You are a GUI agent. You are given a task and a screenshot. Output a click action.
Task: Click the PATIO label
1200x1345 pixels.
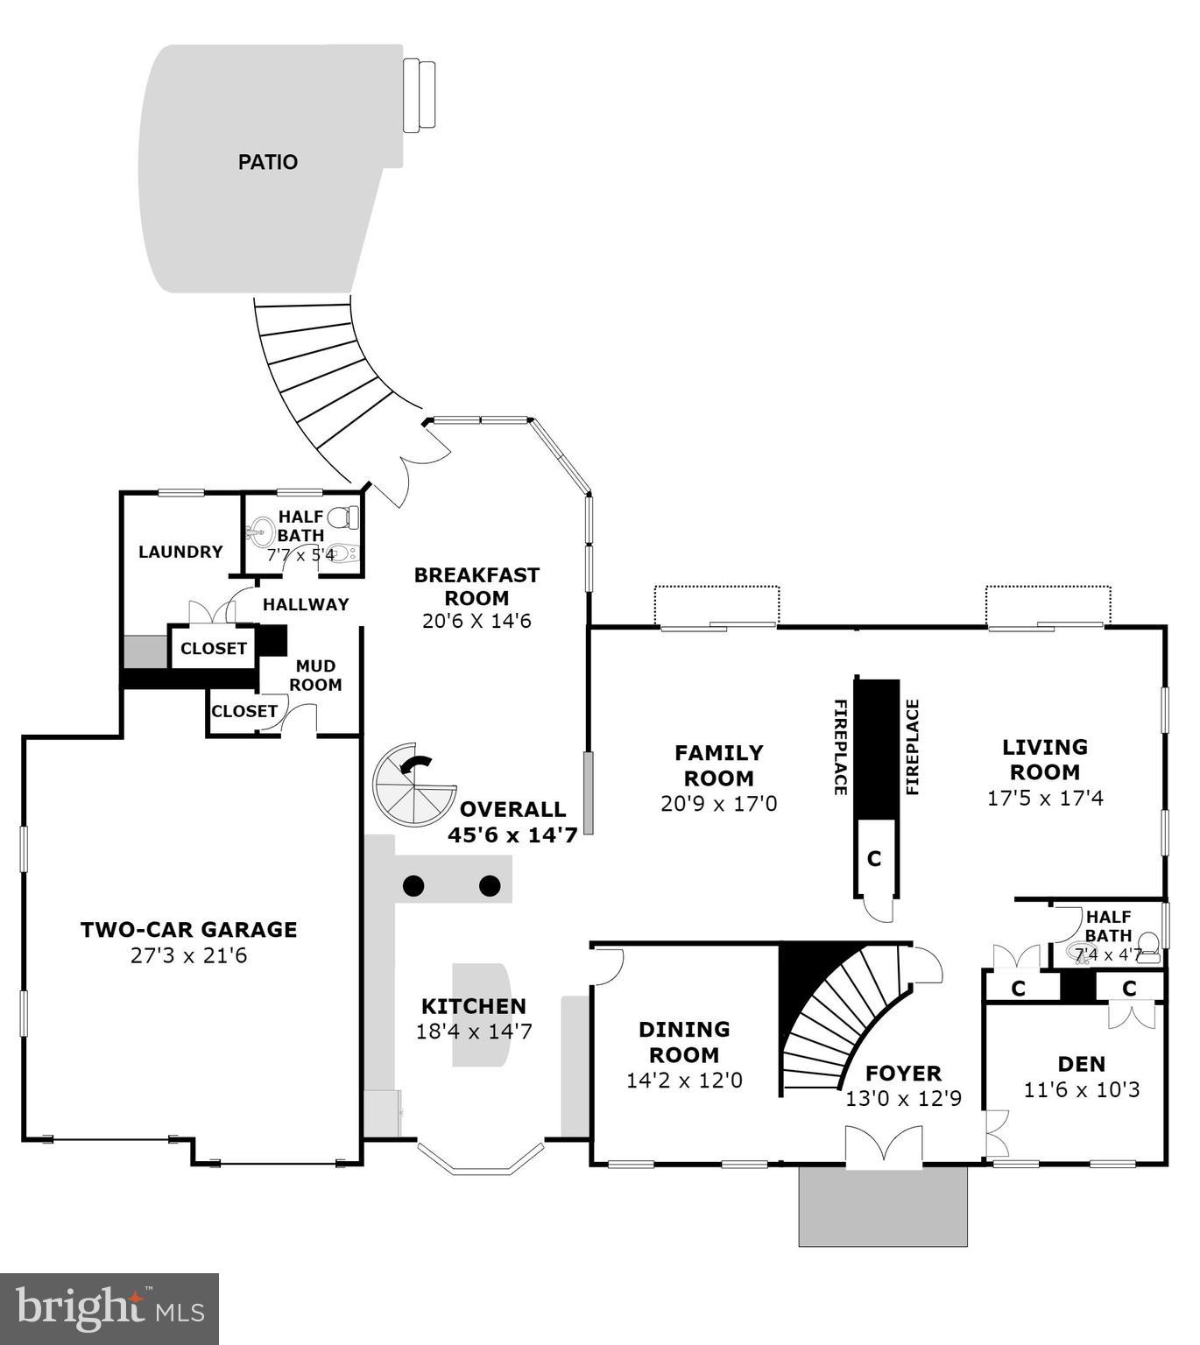coord(268,162)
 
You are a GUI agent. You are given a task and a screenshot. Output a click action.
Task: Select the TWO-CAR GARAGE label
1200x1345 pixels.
coord(188,929)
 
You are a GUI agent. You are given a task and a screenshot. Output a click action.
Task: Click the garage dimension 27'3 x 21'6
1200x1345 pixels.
coord(188,955)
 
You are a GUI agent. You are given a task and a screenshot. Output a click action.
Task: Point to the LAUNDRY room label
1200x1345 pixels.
coord(180,552)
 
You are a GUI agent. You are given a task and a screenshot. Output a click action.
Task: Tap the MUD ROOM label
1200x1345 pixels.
coord(315,675)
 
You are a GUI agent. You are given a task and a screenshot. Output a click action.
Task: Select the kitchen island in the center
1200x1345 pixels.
coord(480,1016)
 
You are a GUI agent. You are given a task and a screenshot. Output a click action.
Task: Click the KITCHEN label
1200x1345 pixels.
coord(474,1006)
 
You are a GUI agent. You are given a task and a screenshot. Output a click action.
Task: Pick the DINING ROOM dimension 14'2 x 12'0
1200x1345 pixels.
coord(684,1081)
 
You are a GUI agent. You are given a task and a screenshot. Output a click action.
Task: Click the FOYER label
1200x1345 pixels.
coord(903,1073)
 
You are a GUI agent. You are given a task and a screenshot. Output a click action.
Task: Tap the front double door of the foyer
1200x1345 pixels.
coord(883,1147)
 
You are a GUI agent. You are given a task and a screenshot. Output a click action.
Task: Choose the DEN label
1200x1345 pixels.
coord(1082,1064)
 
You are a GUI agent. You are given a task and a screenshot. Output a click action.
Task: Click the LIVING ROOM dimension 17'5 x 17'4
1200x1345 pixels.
coord(1045,798)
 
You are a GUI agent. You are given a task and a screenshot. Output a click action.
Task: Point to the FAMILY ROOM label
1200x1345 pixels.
coord(719,765)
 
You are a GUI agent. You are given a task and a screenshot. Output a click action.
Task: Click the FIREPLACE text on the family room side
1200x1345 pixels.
coord(839,747)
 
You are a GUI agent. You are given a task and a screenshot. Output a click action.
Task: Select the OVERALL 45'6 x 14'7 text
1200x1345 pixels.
coord(512,822)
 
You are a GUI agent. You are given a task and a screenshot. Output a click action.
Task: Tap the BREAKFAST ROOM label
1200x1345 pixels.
coord(476,587)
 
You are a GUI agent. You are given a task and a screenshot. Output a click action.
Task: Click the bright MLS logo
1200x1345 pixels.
coord(109,1308)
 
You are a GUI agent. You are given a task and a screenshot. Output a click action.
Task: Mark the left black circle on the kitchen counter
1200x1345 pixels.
coord(413,886)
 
